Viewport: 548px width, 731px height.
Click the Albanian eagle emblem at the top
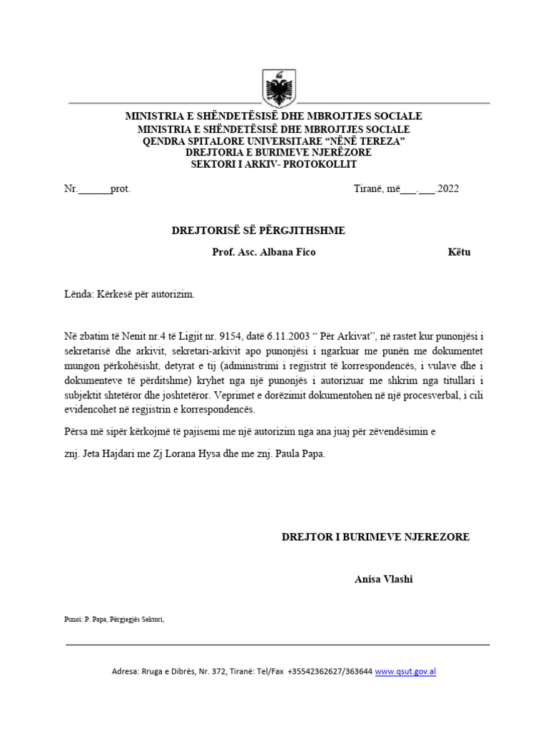[x=274, y=89]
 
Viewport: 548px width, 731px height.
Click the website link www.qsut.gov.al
[x=405, y=672]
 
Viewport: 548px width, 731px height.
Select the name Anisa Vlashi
[x=383, y=579]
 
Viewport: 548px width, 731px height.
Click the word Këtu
[x=459, y=252]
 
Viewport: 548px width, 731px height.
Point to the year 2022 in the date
[x=450, y=189]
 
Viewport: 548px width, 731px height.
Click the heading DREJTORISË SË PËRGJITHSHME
[x=258, y=230]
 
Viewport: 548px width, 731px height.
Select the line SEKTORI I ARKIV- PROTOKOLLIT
[x=273, y=164]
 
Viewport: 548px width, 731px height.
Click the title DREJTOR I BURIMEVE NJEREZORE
[x=375, y=537]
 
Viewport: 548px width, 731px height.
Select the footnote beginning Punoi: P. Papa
[x=114, y=619]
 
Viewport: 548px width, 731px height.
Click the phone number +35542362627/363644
[x=330, y=672]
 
